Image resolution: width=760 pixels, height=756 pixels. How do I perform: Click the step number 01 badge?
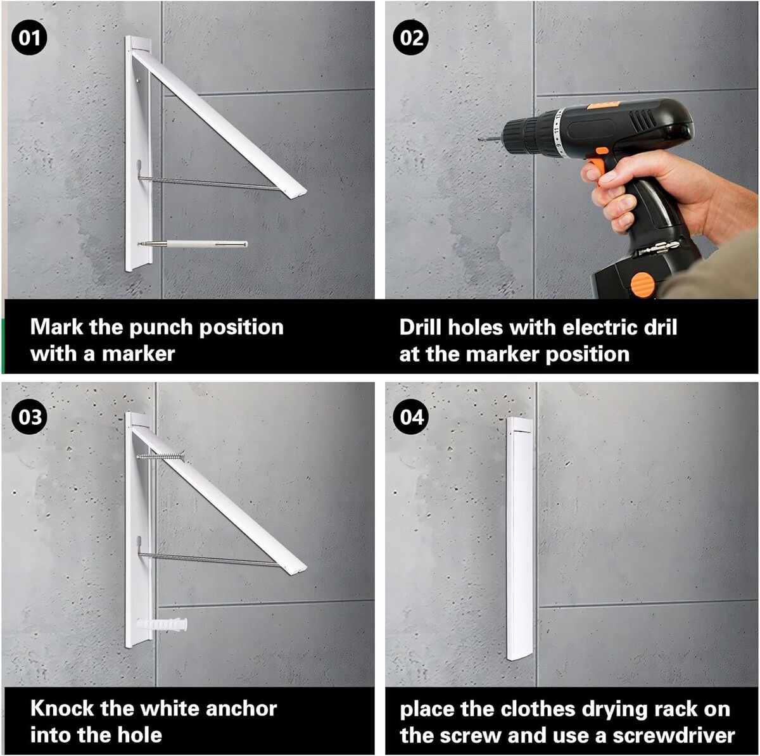29,38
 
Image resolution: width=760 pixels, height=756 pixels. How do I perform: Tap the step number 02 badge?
410,38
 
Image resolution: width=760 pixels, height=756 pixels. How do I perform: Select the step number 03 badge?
29,417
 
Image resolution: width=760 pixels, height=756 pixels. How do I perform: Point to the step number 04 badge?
410,417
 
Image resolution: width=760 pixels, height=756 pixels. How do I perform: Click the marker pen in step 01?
193,244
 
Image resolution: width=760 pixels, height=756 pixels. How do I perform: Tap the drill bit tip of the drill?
480,139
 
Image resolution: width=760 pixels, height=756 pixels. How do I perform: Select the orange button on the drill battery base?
643,284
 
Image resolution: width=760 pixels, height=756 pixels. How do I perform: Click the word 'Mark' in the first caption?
57,327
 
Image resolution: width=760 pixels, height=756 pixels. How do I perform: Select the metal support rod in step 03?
209,560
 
